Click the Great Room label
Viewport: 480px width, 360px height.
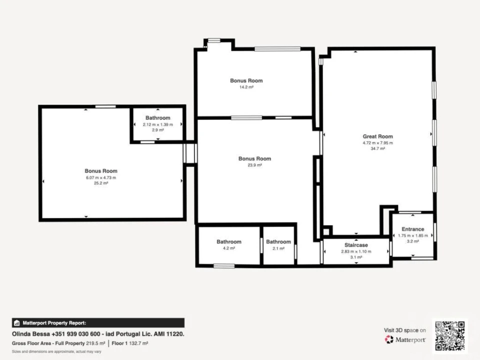click(x=378, y=136)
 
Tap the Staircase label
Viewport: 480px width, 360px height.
click(x=356, y=245)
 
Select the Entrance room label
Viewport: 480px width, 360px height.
click(x=412, y=229)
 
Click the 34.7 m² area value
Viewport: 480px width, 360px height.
click(x=378, y=149)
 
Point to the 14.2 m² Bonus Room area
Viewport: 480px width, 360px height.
click(x=246, y=87)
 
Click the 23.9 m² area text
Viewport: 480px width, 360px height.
click(x=254, y=165)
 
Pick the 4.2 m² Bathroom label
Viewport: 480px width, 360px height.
click(x=229, y=242)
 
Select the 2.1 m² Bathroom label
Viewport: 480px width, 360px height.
click(x=278, y=242)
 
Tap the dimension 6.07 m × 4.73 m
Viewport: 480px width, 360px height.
click(x=101, y=177)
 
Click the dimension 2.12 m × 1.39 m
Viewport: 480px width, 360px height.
click(x=158, y=124)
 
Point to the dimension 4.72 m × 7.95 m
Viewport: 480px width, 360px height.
click(x=378, y=143)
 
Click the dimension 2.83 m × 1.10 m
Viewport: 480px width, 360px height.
click(x=356, y=251)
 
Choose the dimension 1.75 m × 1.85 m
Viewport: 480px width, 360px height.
click(x=413, y=235)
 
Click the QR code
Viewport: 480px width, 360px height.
click(x=449, y=336)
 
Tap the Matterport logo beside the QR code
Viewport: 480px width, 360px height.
click(x=405, y=339)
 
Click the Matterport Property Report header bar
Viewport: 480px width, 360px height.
click(x=98, y=323)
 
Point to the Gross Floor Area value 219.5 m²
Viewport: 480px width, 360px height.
click(x=95, y=343)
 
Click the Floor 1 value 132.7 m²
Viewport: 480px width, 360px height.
click(x=138, y=343)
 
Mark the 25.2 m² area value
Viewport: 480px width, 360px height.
click(x=101, y=183)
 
